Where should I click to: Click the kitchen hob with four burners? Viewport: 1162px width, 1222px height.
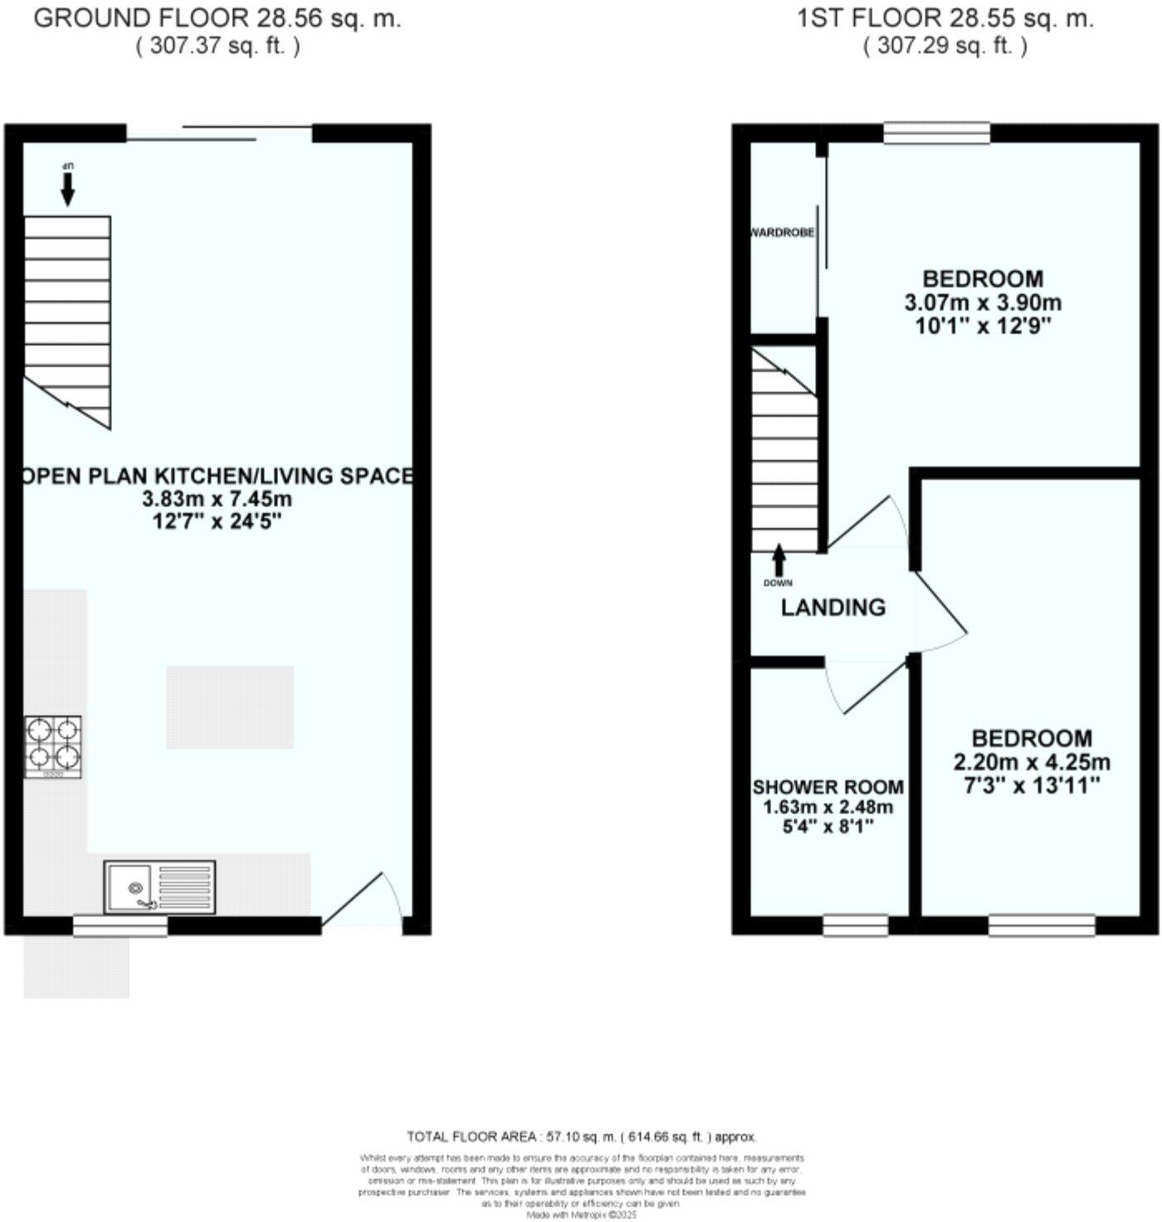pyautogui.click(x=53, y=745)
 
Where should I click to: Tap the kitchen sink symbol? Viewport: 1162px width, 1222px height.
pyautogui.click(x=159, y=887)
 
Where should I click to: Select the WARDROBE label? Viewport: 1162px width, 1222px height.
pyautogui.click(x=782, y=233)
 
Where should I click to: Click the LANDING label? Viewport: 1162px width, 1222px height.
pyautogui.click(x=832, y=608)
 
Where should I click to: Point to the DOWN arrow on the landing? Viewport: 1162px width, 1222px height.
pyautogui.click(x=779, y=561)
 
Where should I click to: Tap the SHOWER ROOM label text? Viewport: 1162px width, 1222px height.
pyautogui.click(x=828, y=787)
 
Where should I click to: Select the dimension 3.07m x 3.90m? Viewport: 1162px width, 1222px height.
pyautogui.click(x=983, y=303)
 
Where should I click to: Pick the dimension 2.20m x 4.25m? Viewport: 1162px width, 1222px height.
pyautogui.click(x=1032, y=762)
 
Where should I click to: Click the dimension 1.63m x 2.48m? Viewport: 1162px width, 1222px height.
pyautogui.click(x=828, y=808)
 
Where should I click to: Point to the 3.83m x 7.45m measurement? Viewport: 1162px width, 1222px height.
pyautogui.click(x=217, y=500)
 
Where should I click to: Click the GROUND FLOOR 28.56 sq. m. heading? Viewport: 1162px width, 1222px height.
pyautogui.click(x=217, y=19)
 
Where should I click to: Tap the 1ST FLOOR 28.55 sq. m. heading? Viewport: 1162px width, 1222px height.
pyautogui.click(x=945, y=19)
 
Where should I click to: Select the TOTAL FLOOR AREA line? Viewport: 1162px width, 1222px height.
pyautogui.click(x=581, y=1136)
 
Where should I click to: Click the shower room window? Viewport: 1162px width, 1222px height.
pyautogui.click(x=855, y=925)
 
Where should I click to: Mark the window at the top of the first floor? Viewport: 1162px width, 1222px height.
pyautogui.click(x=936, y=133)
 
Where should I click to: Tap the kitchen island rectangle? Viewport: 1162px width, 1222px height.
pyautogui.click(x=230, y=707)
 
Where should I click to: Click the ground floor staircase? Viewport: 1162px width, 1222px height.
pyautogui.click(x=67, y=320)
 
